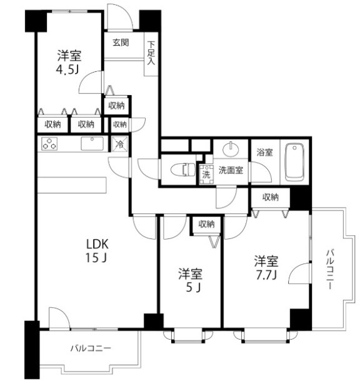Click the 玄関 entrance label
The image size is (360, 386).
tap(121, 43)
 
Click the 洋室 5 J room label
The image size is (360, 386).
tap(190, 280)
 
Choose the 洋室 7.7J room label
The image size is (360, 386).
tap(266, 267)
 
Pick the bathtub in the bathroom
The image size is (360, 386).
tap(293, 162)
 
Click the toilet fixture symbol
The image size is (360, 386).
tap(185, 169)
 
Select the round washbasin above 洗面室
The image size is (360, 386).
tap(231, 150)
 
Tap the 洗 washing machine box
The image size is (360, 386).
tap(206, 173)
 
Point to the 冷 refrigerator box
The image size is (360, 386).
tap(119, 143)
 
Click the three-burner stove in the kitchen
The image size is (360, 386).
tap(49, 144)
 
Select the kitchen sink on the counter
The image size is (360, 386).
tap(91, 143)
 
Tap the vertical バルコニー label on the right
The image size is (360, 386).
tap(331, 270)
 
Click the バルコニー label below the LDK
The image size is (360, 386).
tap(90, 348)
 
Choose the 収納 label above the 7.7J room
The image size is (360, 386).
tap(270, 197)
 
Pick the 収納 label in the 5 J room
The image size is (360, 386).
tap(207, 224)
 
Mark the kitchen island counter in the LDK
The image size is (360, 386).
tap(72, 186)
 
